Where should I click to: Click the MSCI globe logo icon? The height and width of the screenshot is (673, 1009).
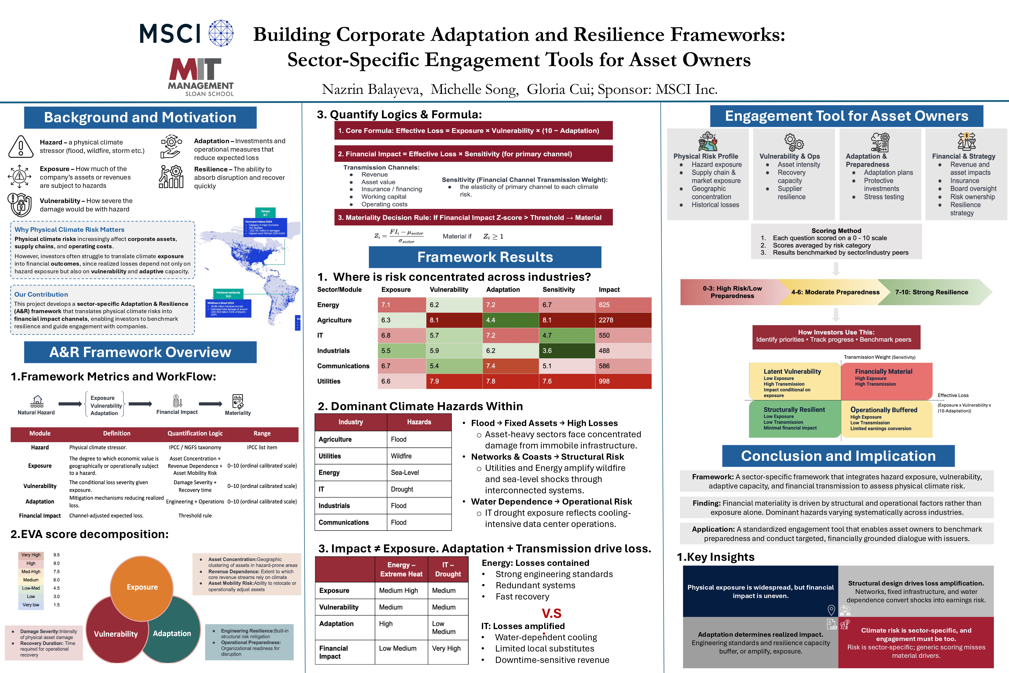pos(221,33)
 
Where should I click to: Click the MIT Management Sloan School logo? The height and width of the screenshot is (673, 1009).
pos(200,77)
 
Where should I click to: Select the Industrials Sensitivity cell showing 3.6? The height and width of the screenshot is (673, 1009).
pos(567,351)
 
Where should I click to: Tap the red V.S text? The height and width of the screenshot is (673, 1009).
pos(551,613)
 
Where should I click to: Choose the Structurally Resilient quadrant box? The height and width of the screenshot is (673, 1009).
pos(794,419)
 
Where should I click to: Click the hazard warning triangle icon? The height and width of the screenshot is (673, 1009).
pos(21,147)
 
